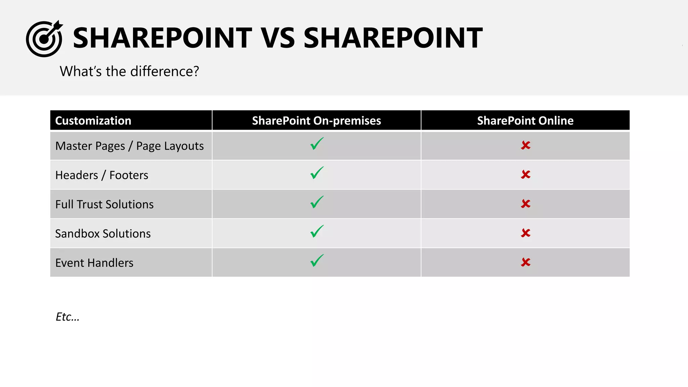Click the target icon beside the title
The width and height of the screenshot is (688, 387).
[x=44, y=39]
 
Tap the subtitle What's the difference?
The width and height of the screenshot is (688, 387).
[x=129, y=71]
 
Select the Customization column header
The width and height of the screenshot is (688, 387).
[x=93, y=121]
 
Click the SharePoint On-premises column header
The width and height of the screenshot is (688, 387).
[x=316, y=121]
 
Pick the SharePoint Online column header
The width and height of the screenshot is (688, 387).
[x=525, y=121]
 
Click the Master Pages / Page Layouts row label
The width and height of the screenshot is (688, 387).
[x=129, y=146]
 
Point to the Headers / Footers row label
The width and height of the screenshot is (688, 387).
[x=101, y=175]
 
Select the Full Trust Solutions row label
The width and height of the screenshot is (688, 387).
[x=104, y=204]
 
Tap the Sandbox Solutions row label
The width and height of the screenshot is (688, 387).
[x=103, y=233]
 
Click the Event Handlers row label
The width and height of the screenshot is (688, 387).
[x=94, y=263]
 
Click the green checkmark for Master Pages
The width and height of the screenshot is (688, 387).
[x=317, y=144]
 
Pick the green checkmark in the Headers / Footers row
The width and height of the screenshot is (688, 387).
[x=317, y=173]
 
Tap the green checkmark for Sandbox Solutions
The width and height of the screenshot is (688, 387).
[x=317, y=231]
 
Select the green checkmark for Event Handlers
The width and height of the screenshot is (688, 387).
[x=317, y=261]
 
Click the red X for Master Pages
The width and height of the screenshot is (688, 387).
[x=525, y=145]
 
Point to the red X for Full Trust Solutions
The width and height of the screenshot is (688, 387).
[x=525, y=204]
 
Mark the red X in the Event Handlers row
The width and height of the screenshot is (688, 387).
[x=525, y=262]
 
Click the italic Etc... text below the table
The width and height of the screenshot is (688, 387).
[x=68, y=317]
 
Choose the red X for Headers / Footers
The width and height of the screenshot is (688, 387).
[x=525, y=175]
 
